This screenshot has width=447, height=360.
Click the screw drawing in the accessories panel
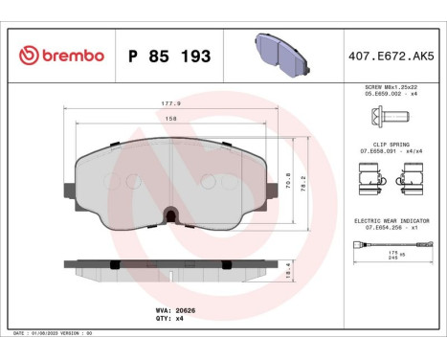coord(388,117)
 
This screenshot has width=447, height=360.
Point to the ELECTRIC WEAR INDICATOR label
coord(390,220)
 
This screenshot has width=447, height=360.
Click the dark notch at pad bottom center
coord(169,214)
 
